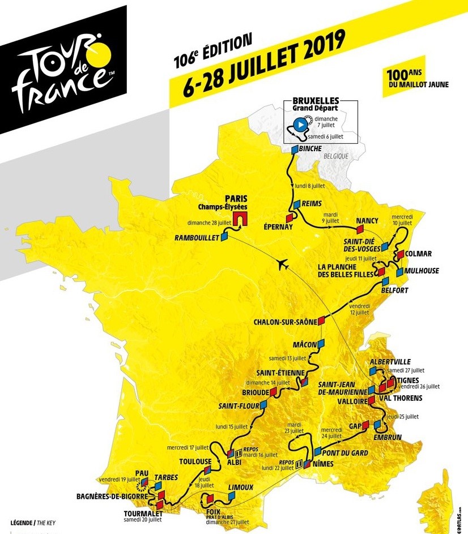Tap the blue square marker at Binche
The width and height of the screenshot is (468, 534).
295,149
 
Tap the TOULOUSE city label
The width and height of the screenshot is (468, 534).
195,461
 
